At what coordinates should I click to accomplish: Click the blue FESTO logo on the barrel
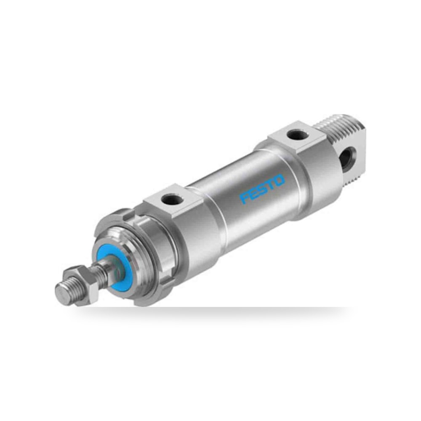[x=262, y=189]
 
